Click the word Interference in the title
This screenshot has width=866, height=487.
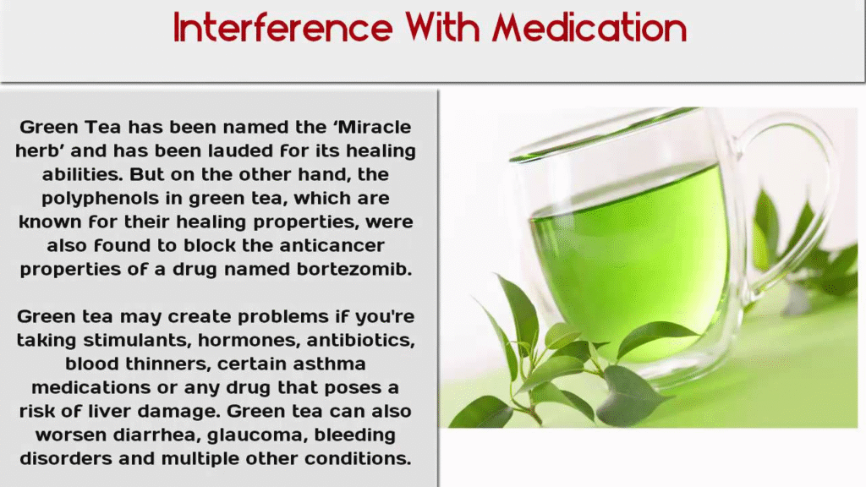282,27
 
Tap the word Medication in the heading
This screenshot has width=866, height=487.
589,27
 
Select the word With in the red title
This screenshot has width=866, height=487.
442,27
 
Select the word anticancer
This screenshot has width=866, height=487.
332,245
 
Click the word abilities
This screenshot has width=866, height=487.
82,174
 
